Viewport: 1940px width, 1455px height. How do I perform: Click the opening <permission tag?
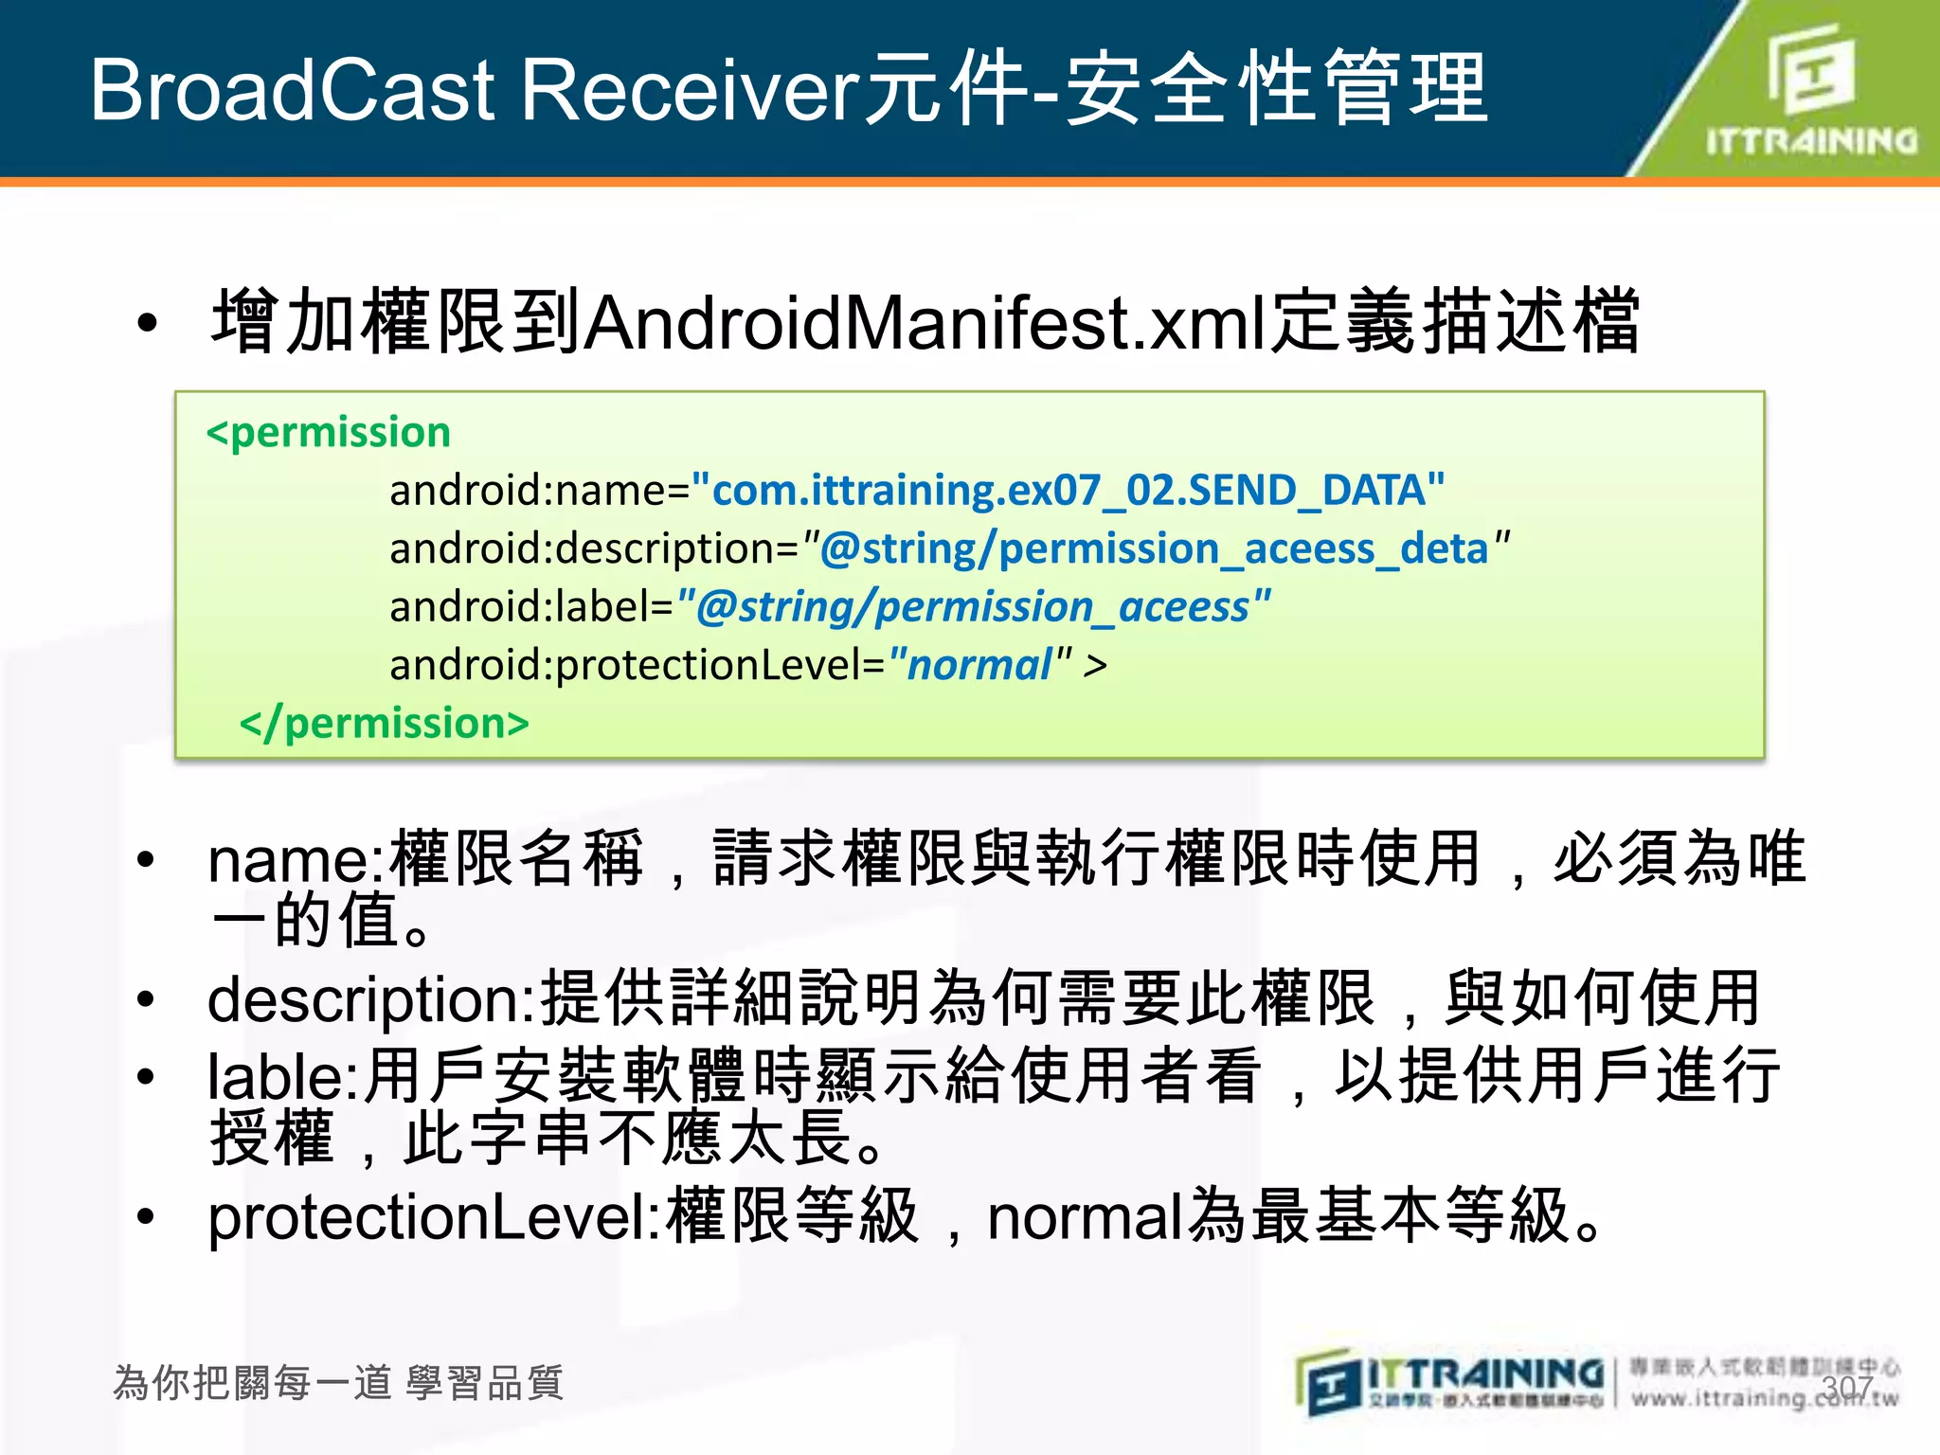pos(328,433)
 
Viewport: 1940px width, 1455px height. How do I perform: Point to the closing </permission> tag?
pos(384,724)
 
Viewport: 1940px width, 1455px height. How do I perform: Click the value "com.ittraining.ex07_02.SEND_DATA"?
pos(1068,491)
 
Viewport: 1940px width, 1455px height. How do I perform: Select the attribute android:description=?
pos(595,549)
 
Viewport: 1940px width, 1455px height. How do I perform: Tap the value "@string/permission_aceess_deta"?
pos(1156,549)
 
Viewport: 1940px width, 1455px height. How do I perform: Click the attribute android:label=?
pos(531,607)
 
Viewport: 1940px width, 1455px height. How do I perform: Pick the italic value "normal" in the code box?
pos(979,665)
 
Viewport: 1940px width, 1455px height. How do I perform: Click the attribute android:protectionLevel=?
pos(637,665)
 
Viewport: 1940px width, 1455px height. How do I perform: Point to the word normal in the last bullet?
pos(1086,1217)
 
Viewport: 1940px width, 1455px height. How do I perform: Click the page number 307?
pos(1846,1389)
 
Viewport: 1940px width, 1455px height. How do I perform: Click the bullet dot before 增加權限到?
pos(147,323)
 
